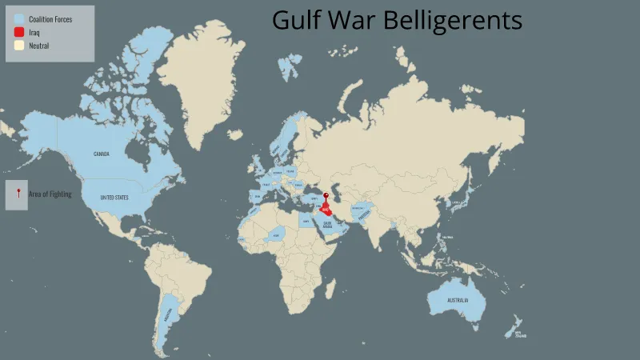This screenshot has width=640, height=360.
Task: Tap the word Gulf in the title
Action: (294, 21)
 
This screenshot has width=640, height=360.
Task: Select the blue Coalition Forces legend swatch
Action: (18, 18)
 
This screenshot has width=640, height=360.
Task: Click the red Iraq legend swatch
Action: (18, 32)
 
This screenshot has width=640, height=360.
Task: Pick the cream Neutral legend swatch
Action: (18, 46)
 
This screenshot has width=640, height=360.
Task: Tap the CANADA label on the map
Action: (102, 154)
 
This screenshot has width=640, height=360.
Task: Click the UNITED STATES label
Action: (114, 197)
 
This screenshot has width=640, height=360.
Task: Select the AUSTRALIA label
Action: (458, 301)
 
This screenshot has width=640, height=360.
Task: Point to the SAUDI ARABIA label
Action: (327, 225)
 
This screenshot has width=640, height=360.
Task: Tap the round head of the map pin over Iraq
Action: (326, 195)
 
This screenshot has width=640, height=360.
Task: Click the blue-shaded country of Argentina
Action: (167, 316)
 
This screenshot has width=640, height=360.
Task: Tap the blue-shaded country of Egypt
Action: (306, 222)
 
